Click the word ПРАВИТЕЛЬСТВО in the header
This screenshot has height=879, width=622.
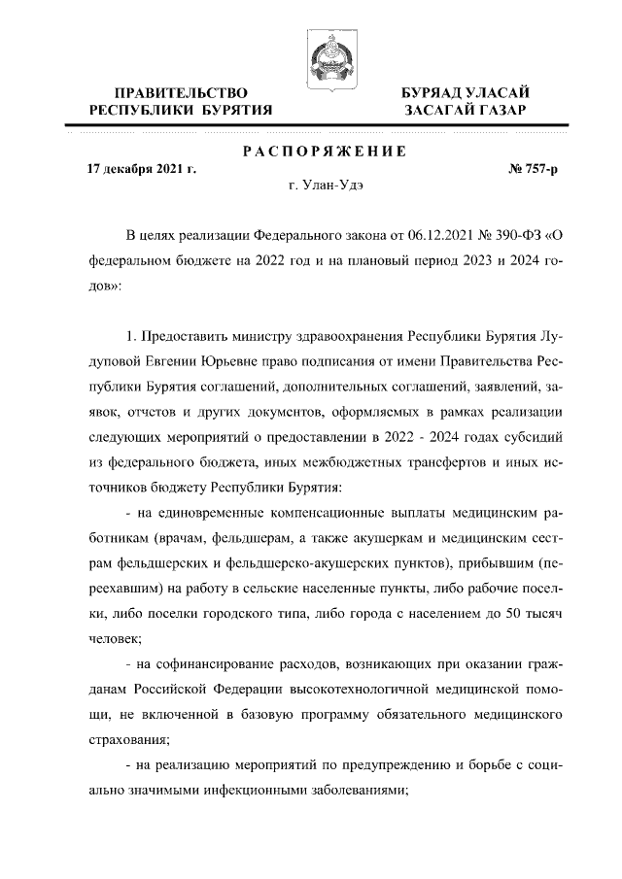click(181, 92)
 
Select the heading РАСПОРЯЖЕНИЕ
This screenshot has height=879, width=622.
click(324, 152)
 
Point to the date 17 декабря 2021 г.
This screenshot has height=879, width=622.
click(142, 169)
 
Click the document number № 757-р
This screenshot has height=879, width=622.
click(533, 169)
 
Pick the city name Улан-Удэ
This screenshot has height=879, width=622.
click(333, 185)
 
